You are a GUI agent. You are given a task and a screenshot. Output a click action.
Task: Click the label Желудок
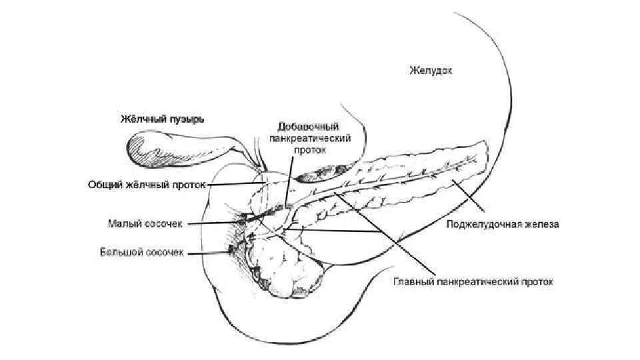[x=431, y=70]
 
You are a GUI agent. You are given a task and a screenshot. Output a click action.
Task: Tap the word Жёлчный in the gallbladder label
[x=141, y=119]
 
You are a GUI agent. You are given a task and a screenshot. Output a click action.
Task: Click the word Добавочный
[x=309, y=126]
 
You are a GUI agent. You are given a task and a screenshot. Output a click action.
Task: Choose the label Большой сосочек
[x=141, y=252]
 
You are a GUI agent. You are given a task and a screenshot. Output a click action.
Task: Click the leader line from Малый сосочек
[x=213, y=224]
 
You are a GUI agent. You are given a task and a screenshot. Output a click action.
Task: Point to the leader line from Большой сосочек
[x=208, y=253]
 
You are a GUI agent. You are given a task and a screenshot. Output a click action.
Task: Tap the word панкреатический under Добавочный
[x=309, y=138]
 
